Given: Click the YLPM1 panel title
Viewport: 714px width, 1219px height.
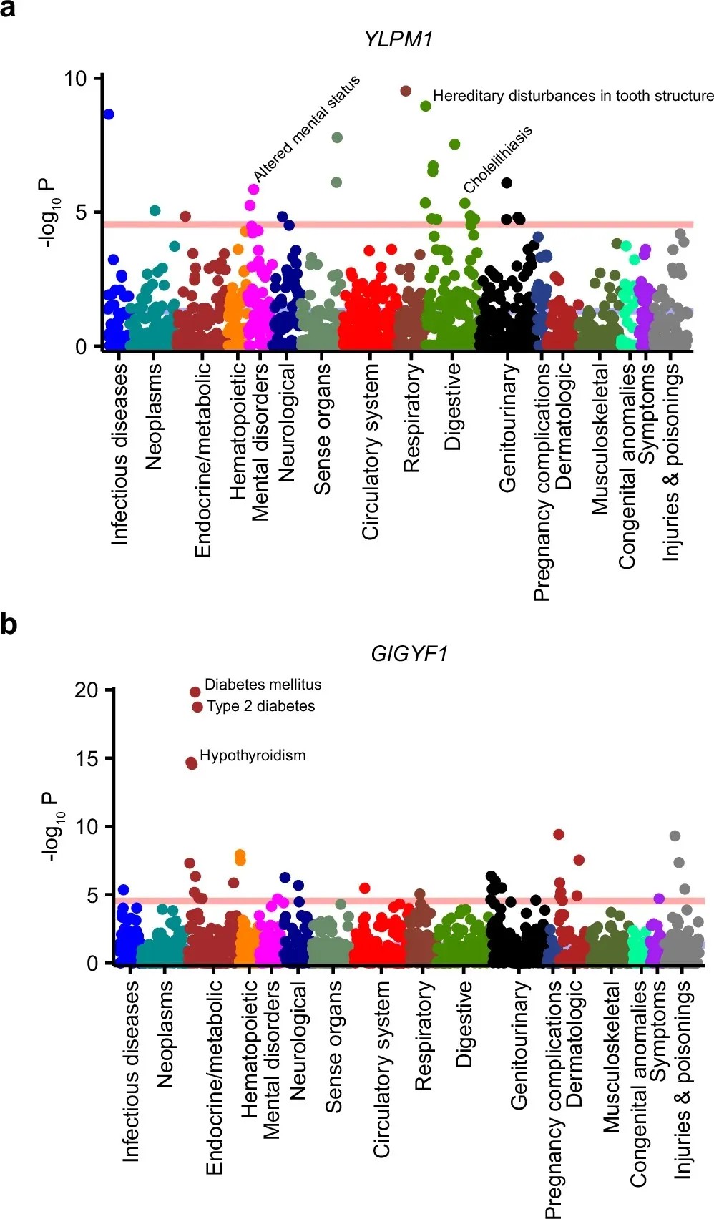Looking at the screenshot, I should click(x=398, y=39).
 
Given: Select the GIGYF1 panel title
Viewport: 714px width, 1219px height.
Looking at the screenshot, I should click(x=409, y=653).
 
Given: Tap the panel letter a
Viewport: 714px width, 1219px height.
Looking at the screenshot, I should click(x=8, y=10).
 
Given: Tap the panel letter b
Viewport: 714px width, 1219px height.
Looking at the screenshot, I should click(x=9, y=624).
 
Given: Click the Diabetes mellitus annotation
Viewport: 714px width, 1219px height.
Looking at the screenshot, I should click(x=263, y=685).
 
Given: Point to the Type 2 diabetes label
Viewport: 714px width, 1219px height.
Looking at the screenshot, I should click(x=260, y=706).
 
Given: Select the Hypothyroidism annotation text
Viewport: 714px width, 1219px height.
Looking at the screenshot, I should click(x=253, y=755).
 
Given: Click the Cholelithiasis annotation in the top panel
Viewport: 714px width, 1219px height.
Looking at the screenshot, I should click(x=498, y=160).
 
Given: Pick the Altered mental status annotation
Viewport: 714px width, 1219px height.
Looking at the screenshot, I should click(x=307, y=128).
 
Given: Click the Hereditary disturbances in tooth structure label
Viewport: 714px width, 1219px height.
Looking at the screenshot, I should click(x=573, y=96).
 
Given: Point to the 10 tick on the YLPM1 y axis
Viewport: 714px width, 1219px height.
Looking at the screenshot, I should click(x=75, y=78).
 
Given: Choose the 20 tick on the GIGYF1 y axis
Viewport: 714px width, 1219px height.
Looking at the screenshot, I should click(x=86, y=690).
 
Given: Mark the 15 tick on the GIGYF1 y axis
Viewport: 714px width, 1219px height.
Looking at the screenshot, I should click(x=86, y=758).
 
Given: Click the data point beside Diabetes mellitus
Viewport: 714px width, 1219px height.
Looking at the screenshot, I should click(x=195, y=692).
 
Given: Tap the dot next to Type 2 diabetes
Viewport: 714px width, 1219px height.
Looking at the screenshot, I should click(x=197, y=707).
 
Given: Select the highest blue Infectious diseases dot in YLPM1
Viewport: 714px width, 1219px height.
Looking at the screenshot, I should click(x=109, y=114).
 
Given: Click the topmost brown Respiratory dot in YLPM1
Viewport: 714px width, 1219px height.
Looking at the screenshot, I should click(x=406, y=91).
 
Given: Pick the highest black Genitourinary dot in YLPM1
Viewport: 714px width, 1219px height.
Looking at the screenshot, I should click(x=507, y=182).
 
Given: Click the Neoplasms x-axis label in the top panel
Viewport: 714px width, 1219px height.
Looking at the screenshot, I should click(x=154, y=416).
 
